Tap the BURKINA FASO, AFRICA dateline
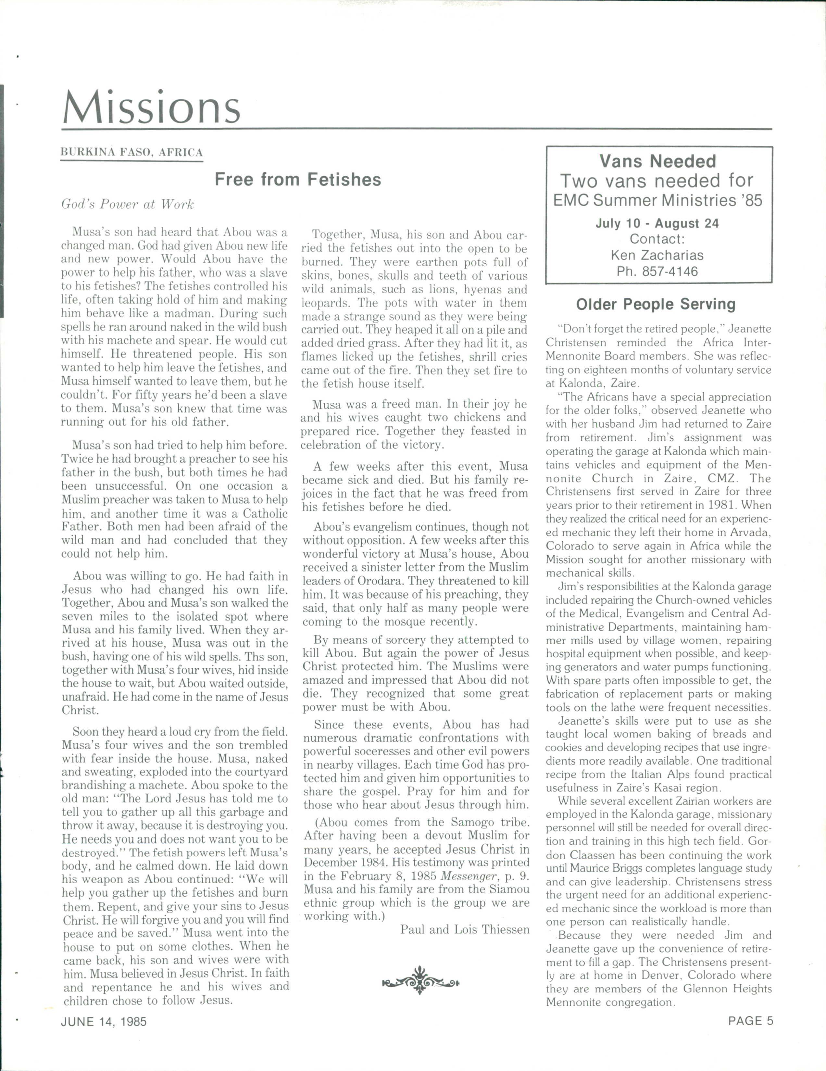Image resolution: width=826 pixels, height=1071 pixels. pyautogui.click(x=131, y=152)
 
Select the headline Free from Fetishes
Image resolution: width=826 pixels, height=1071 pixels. pyautogui.click(x=297, y=180)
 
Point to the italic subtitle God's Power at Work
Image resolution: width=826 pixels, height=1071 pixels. pyautogui.click(x=128, y=205)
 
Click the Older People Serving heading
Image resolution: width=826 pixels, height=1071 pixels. pyautogui.click(x=656, y=305)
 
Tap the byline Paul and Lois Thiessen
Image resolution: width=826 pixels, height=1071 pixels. pyautogui.click(x=465, y=929)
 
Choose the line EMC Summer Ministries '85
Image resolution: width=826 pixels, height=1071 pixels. pyautogui.click(x=658, y=201)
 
